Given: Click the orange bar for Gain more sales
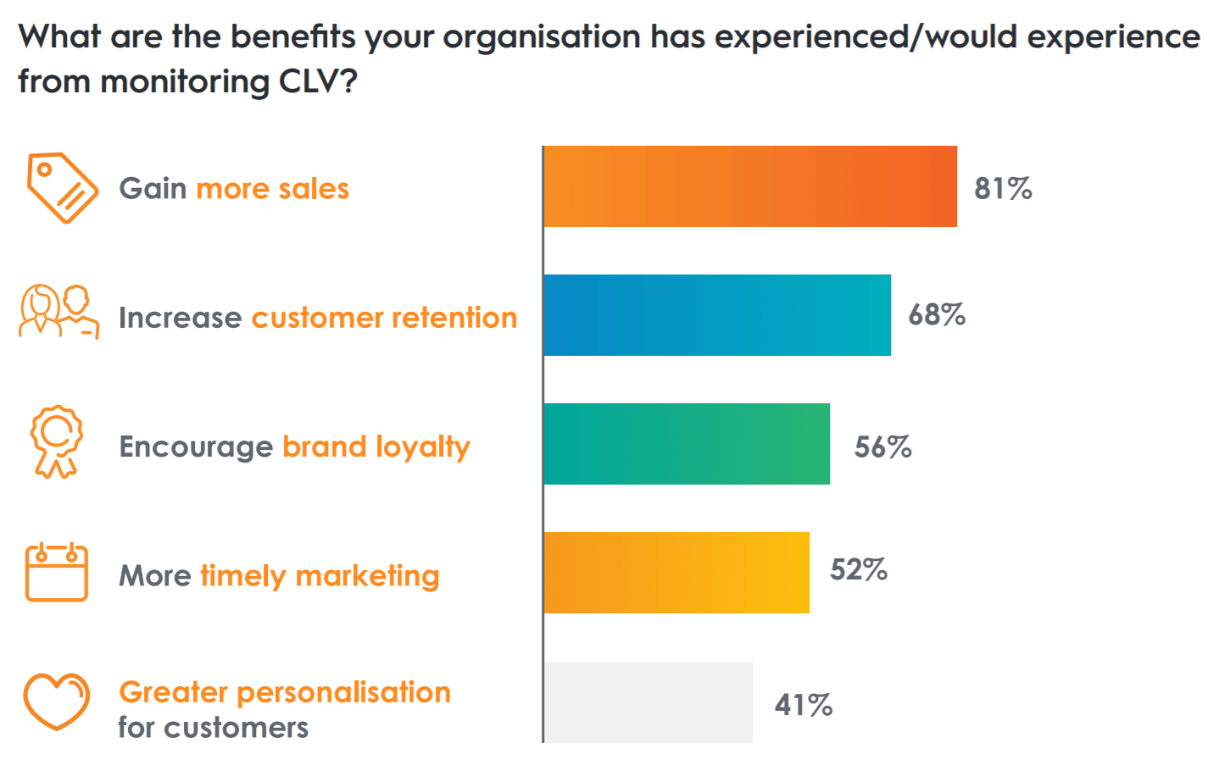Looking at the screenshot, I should click(x=750, y=186).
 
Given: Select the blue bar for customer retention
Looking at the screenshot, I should click(x=717, y=315).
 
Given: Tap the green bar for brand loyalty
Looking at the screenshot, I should click(x=687, y=444).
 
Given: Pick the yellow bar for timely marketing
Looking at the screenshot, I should click(x=676, y=573).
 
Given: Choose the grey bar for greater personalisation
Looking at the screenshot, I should click(x=649, y=702).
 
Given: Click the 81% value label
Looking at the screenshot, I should click(x=1003, y=188).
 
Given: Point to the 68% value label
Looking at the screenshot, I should click(x=937, y=315).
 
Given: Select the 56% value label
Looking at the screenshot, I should click(x=882, y=446).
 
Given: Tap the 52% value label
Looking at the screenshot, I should click(x=858, y=569).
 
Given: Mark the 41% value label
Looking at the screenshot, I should click(x=803, y=705).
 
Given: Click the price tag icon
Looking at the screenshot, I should click(x=62, y=188).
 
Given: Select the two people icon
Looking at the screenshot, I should click(x=58, y=312).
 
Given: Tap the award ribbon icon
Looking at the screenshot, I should click(x=57, y=441).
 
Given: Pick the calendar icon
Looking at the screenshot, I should click(x=57, y=573).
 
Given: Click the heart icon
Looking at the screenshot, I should click(x=56, y=701).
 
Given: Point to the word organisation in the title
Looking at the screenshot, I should click(x=542, y=37).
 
